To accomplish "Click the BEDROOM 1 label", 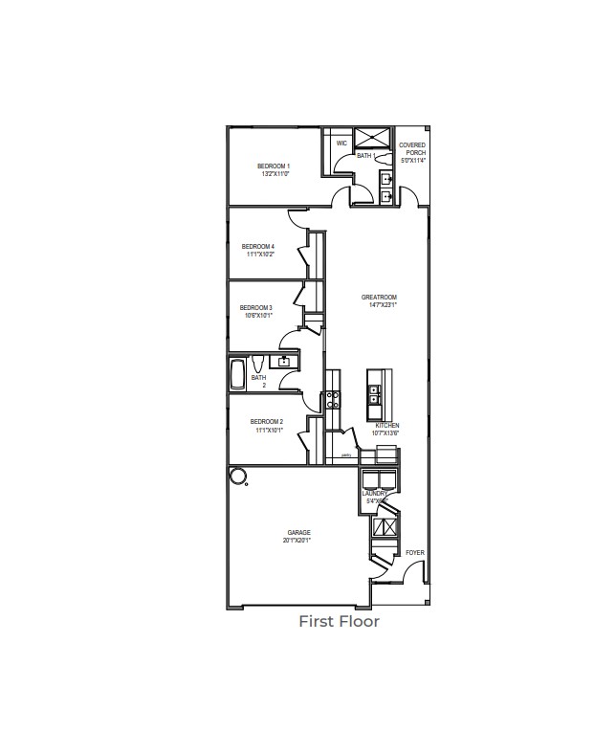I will click(274, 166).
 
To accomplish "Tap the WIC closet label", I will click(341, 144).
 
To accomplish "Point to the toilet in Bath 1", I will click(382, 156).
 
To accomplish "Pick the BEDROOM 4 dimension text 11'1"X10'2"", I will click(260, 255).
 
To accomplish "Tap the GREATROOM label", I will click(379, 298).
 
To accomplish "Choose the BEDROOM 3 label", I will click(256, 308).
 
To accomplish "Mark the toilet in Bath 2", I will click(259, 363).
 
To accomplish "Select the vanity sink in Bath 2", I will click(283, 362).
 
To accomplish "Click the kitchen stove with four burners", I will click(332, 400).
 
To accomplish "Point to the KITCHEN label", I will click(386, 425).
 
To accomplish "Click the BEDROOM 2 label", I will click(266, 421).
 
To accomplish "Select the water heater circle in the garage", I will click(236, 476).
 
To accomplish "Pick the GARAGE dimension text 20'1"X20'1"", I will click(297, 541).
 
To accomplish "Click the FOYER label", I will click(414, 553).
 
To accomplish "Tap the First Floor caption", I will click(339, 622).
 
